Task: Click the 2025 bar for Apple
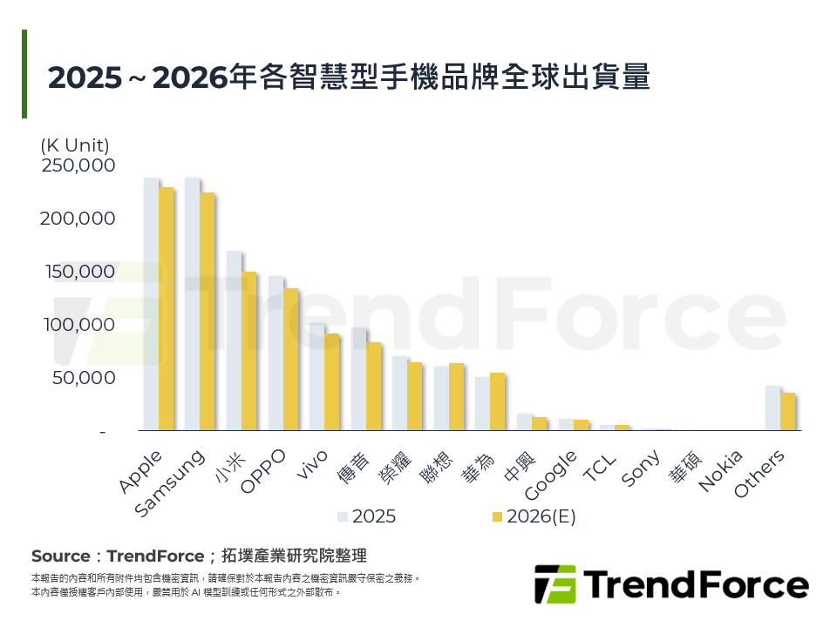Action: pos(151,305)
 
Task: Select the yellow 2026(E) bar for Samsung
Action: pos(207,312)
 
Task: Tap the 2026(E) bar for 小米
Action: pos(248,352)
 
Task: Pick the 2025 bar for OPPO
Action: pos(276,354)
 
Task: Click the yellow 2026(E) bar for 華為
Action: pos(497,402)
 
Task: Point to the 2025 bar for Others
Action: pos(772,408)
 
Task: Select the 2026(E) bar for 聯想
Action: pos(456,397)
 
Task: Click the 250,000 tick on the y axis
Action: pos(78,165)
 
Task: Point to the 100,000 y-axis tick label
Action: pos(78,325)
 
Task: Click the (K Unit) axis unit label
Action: pos(75,145)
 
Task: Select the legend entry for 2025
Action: pos(367,516)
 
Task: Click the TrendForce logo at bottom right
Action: pos(670,583)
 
